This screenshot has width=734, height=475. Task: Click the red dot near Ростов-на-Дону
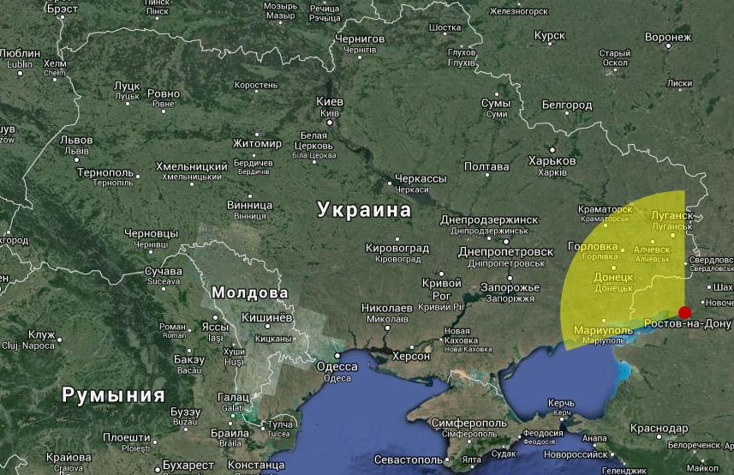(684, 312)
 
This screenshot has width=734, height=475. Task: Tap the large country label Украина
(364, 209)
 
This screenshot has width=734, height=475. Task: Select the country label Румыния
(113, 395)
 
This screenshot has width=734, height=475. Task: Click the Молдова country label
(249, 292)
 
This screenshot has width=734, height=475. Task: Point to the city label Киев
(330, 101)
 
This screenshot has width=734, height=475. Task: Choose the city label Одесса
(337, 366)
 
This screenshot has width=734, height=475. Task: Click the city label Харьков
(552, 160)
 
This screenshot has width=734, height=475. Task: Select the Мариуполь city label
(603, 330)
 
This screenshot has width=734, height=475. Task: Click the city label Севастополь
(408, 460)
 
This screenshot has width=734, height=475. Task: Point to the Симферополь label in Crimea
(469, 424)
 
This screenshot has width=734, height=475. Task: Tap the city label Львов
(76, 140)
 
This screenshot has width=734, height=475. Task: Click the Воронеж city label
(668, 38)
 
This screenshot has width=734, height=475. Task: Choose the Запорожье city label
(510, 287)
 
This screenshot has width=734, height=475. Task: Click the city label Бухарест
(188, 465)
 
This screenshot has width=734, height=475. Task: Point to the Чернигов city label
(360, 39)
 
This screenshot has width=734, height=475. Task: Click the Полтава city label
(486, 166)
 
